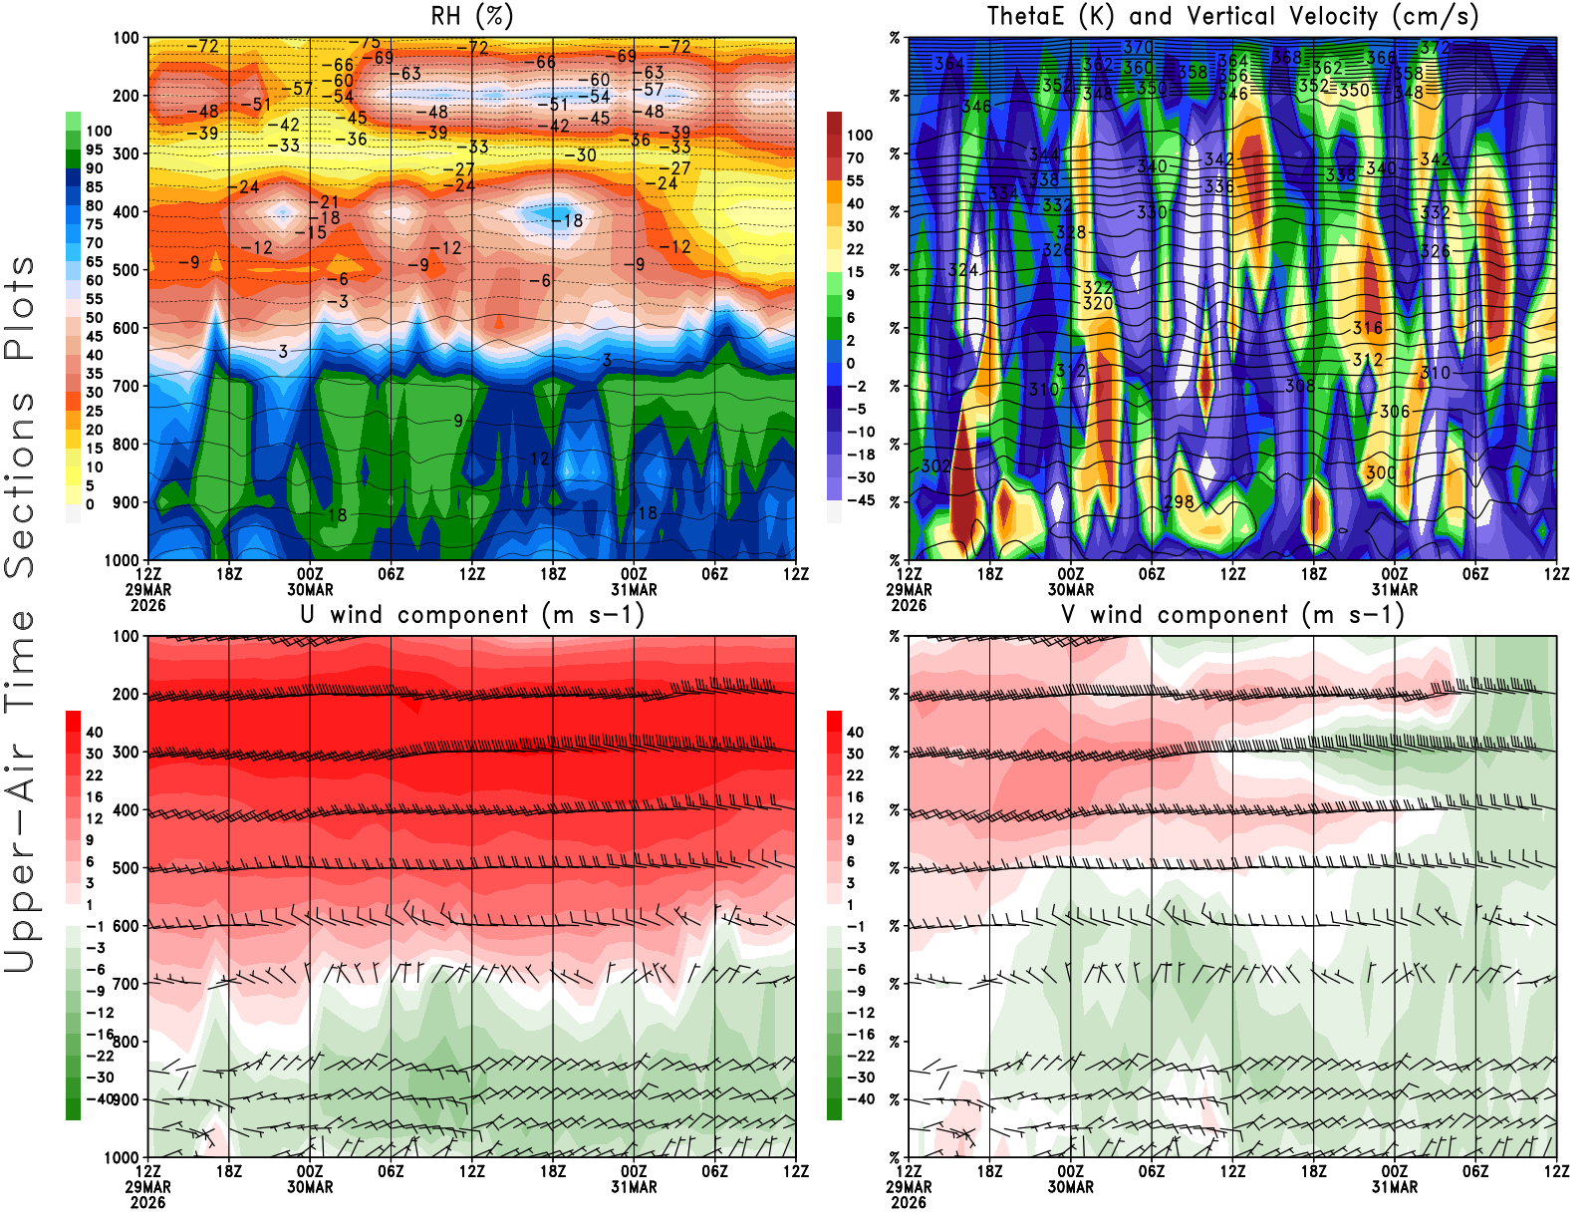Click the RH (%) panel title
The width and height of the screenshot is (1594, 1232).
[x=472, y=16]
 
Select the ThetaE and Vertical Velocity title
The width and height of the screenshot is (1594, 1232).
[x=1232, y=16]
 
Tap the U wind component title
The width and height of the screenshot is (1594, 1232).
[x=472, y=614]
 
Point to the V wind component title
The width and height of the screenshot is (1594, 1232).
[x=1232, y=614]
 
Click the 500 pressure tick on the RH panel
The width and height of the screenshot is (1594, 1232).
[x=126, y=269]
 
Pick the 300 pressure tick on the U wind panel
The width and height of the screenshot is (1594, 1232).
[x=126, y=752]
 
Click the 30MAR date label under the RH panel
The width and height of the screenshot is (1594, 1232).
[x=310, y=589]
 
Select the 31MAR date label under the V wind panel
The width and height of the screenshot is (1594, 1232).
[x=1395, y=1187]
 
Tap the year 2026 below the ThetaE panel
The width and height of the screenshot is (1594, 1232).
[x=909, y=605]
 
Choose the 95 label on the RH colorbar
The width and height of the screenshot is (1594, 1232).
[x=94, y=150]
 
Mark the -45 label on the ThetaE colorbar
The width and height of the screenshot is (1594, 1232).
[x=861, y=500]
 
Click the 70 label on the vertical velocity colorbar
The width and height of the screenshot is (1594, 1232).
[x=855, y=157]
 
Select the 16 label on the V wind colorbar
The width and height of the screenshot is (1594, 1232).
[x=855, y=796]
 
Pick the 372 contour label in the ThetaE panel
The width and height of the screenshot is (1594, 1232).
[x=1435, y=48]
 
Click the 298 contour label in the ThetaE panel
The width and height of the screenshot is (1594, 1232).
[x=1179, y=501]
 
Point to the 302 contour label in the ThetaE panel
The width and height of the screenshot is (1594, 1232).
[x=935, y=465]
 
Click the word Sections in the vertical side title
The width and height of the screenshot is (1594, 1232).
[x=20, y=484]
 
